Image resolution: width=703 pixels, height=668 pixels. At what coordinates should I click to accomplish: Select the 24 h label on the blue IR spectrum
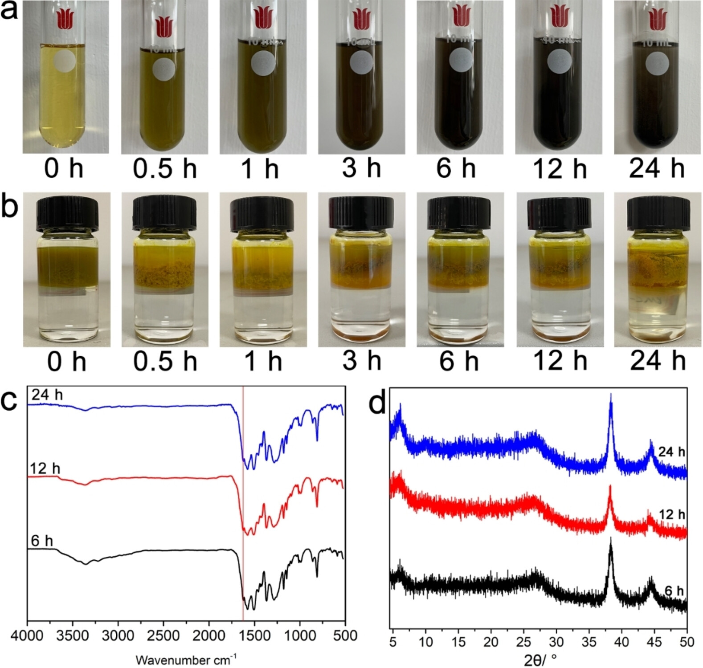pos(47,395)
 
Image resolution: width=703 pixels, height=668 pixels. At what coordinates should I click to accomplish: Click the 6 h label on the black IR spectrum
pos(42,541)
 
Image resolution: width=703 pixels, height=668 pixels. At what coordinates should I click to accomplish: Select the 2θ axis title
pos(540,659)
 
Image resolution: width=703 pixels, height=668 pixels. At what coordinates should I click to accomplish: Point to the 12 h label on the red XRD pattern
pos(672,515)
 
